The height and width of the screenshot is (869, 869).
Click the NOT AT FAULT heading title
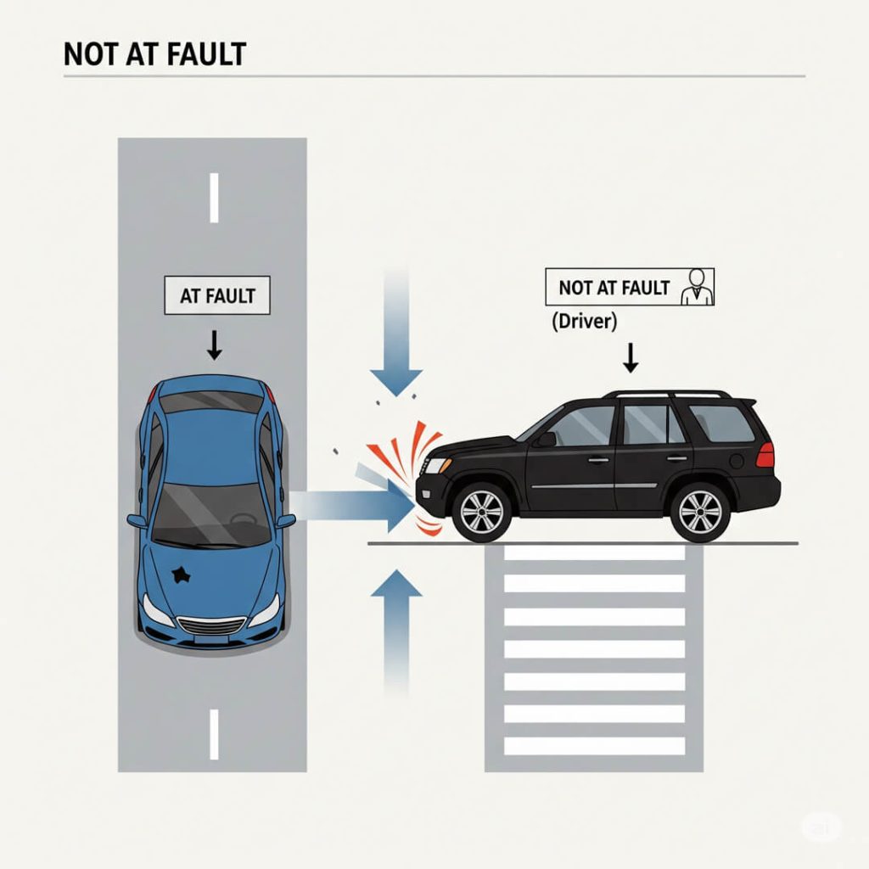[x=154, y=54]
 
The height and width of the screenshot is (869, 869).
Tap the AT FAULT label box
[x=217, y=295]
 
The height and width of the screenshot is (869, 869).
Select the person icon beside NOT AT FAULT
[x=696, y=287]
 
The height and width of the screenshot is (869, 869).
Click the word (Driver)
[x=584, y=321]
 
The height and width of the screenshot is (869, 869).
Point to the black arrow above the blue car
[x=214, y=345]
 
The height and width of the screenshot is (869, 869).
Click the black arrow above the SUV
[x=631, y=357]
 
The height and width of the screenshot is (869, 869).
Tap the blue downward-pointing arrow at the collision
[x=396, y=333]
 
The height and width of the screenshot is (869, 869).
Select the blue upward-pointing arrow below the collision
[x=396, y=631]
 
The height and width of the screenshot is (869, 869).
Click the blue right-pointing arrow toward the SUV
[x=352, y=506]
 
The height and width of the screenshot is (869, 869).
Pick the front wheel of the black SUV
[x=481, y=512]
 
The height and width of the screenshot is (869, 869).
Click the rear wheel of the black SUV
[x=700, y=513]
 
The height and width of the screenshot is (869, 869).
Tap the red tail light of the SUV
[x=765, y=455]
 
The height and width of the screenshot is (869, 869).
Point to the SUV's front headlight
[x=438, y=465]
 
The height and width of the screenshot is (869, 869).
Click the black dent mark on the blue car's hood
[x=181, y=575]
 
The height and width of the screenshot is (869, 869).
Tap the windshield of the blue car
[x=211, y=513]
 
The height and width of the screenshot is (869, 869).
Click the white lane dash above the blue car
[x=214, y=198]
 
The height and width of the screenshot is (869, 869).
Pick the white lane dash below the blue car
[x=214, y=734]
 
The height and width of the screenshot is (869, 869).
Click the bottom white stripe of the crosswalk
[x=594, y=745]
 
